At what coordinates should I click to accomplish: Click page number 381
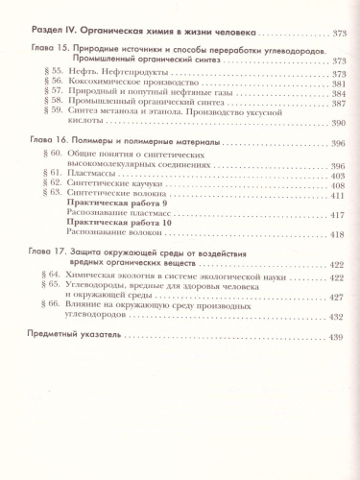(x=334, y=83)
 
